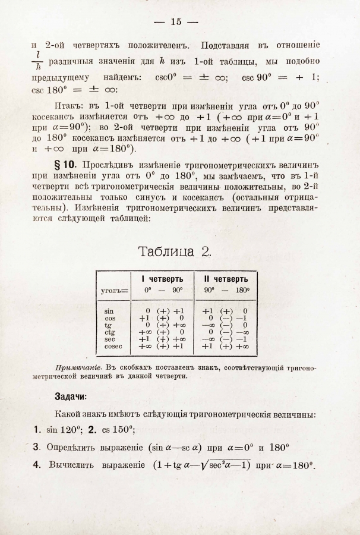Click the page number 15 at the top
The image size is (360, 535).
tap(175, 23)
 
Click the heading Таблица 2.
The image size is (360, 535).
tap(175, 251)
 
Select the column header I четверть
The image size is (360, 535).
tap(162, 279)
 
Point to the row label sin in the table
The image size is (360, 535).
tap(109, 311)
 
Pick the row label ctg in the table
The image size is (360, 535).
tap(109, 332)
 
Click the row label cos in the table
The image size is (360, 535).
tap(109, 318)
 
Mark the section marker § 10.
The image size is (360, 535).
tap(67, 163)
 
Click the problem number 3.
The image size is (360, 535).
tap(36, 446)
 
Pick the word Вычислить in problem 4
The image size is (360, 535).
tap(72, 465)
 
